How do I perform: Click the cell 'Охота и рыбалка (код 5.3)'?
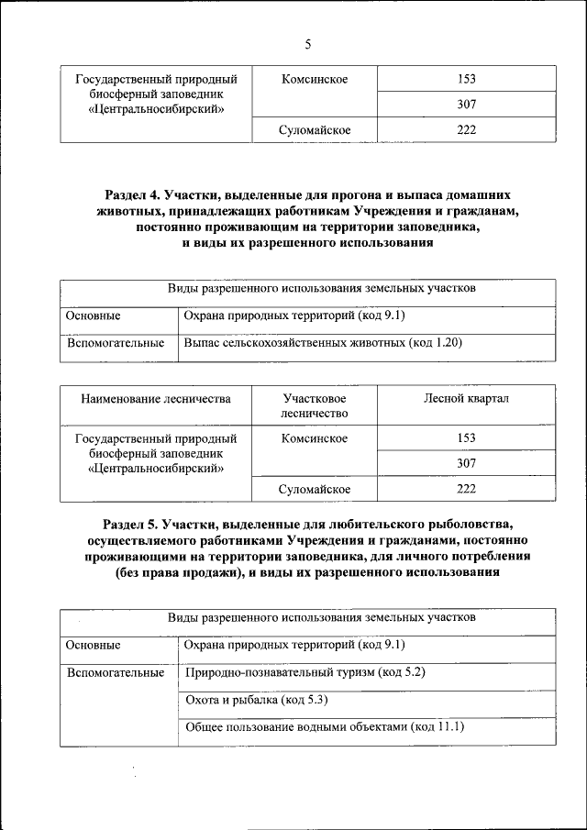coord(243,700)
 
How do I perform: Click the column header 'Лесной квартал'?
coord(466,399)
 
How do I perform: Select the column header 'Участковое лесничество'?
coord(315,406)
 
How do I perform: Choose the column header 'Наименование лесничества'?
coord(156,399)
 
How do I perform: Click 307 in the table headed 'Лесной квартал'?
coord(466,464)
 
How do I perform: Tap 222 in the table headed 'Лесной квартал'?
coord(466,489)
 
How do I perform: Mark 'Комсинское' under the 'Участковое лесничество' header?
coord(315,438)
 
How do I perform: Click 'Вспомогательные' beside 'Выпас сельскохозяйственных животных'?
coord(116,343)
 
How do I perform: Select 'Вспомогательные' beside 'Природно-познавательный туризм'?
coord(116,672)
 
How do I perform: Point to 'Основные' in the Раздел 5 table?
coord(94,646)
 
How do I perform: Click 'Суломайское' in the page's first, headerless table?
coord(315,130)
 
